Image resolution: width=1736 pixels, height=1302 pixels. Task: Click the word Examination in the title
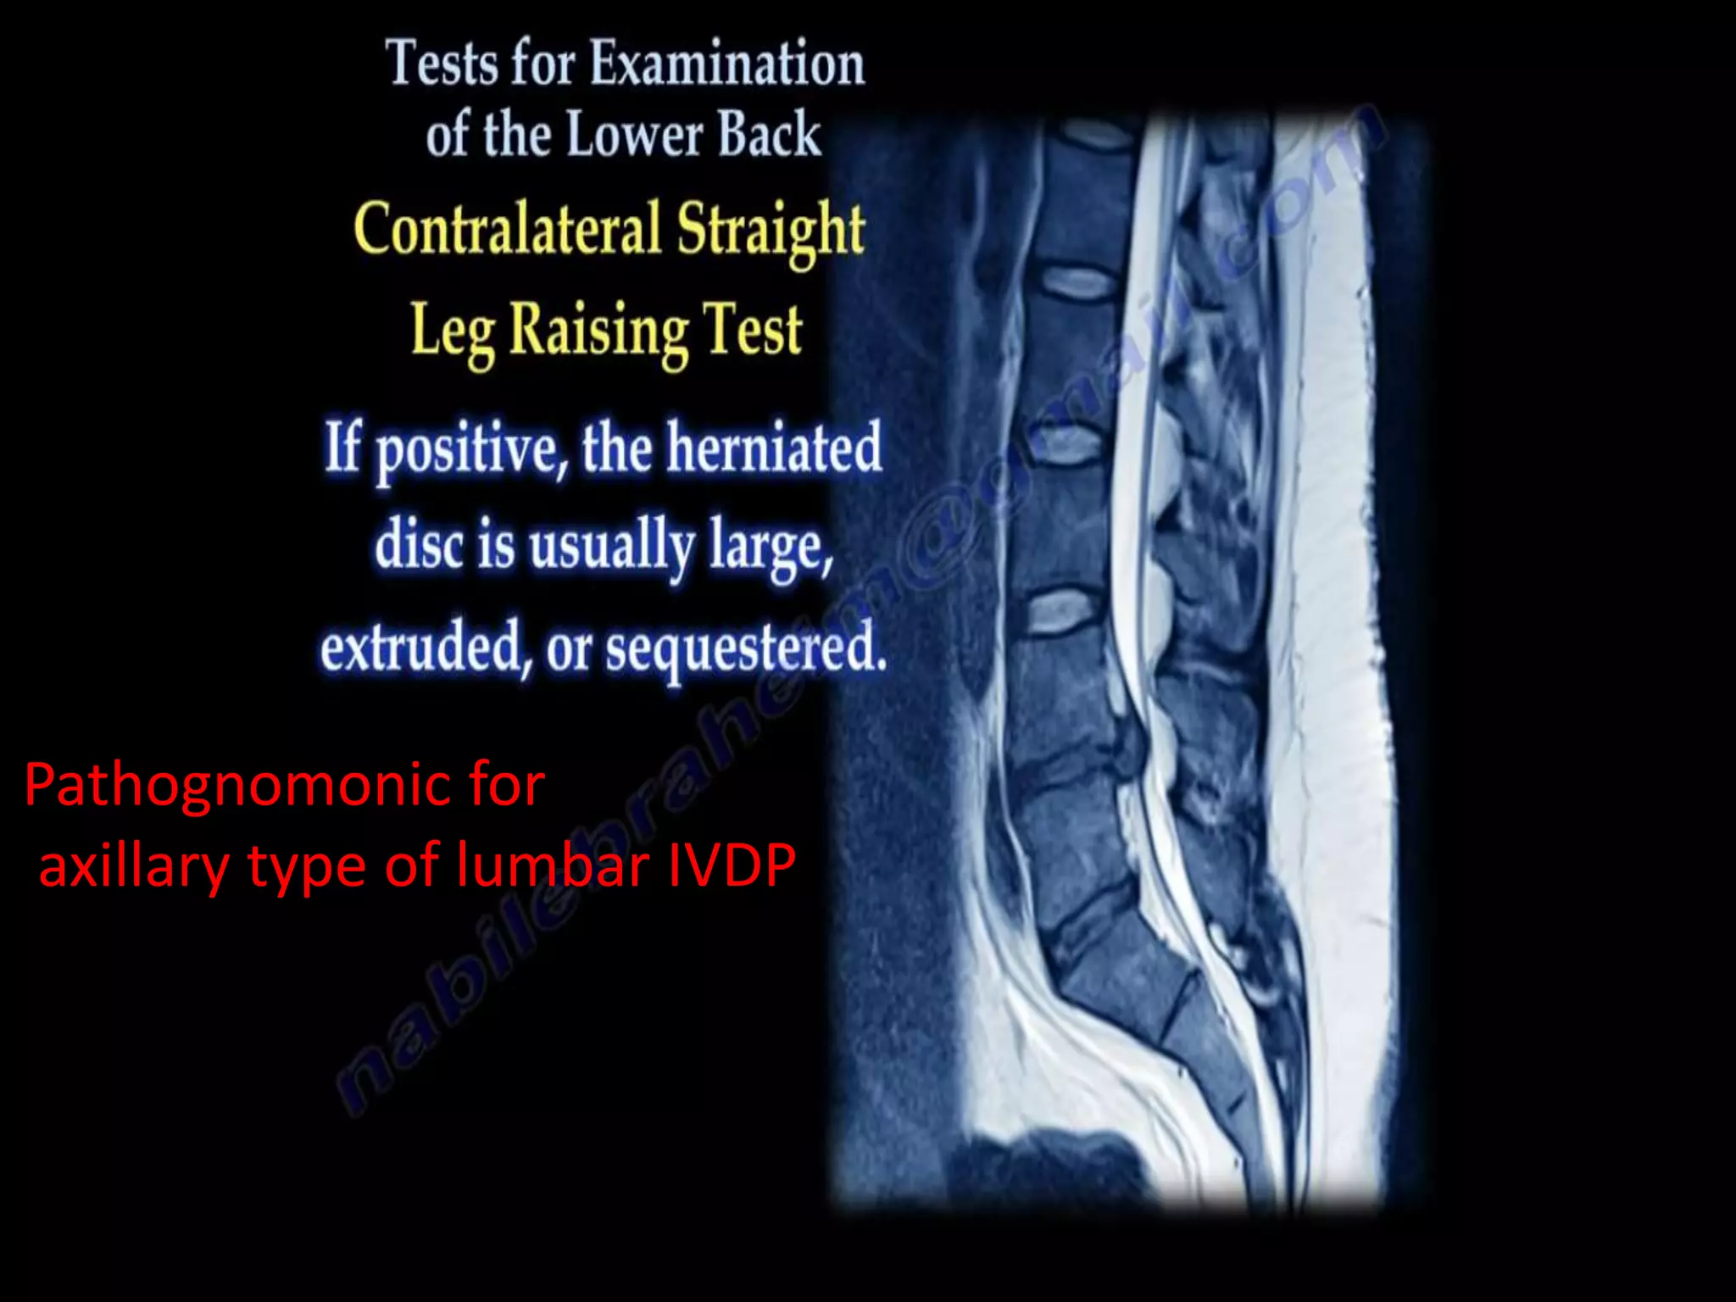(727, 64)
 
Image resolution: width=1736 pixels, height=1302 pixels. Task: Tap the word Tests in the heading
(442, 64)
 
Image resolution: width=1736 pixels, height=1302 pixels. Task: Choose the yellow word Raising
(597, 331)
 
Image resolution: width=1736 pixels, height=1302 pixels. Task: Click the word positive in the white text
(471, 449)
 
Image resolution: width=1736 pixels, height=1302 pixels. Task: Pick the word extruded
(422, 648)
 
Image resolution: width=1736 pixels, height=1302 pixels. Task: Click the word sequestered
(746, 649)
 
